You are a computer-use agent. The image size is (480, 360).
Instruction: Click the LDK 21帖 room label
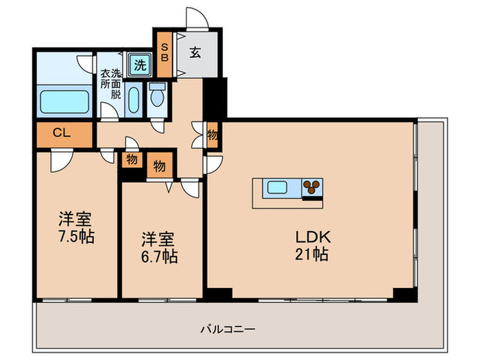tap(313, 246)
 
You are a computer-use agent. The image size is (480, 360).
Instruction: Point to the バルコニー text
tap(228, 330)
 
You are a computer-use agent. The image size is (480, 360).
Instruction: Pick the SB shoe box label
tap(165, 53)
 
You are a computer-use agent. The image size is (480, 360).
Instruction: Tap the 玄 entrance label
tap(195, 53)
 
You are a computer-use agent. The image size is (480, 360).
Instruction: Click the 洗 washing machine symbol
tap(139, 66)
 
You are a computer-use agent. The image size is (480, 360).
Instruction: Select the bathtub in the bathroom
tap(64, 101)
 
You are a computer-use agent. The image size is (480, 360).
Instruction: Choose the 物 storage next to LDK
tap(213, 135)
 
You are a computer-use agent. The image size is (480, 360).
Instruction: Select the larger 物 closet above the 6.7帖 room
tap(160, 165)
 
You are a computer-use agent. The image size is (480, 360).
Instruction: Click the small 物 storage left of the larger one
tap(132, 160)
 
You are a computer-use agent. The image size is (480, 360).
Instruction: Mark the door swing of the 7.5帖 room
tap(59, 161)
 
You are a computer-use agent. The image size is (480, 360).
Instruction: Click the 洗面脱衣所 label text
tap(111, 84)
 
